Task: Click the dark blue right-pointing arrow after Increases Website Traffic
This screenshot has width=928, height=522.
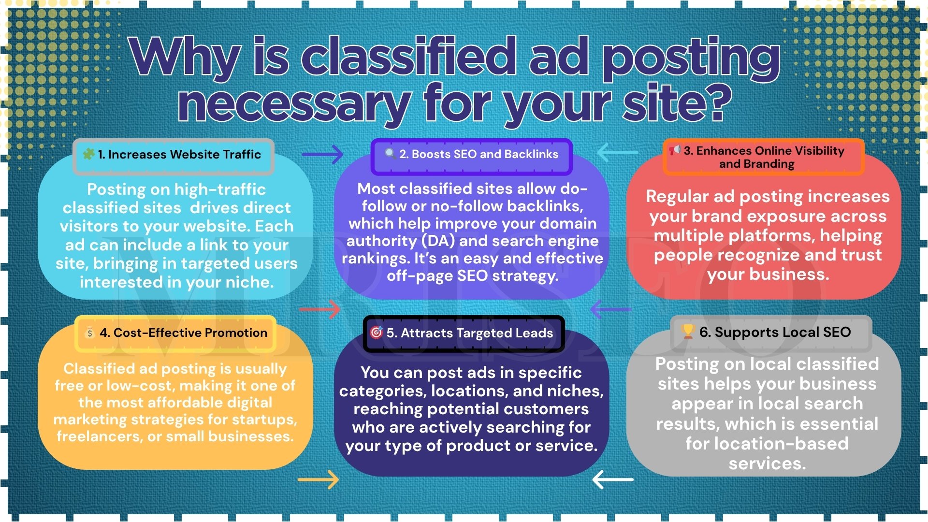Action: pos(322,155)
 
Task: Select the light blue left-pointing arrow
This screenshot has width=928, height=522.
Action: pos(617,152)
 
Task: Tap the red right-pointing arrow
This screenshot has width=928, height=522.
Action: pos(319,309)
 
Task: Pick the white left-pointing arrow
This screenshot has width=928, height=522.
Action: pos(612,479)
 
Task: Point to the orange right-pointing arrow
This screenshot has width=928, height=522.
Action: pos(318,480)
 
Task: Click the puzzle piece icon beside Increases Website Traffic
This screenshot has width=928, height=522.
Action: pos(88,154)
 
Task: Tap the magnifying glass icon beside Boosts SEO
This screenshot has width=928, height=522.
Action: pos(390,154)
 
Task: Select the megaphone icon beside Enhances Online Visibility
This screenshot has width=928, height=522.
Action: pos(675,150)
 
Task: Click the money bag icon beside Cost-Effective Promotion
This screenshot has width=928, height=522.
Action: pos(89,333)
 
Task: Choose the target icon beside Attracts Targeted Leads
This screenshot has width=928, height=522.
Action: pos(376,332)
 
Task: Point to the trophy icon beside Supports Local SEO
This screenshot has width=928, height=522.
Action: pos(687,332)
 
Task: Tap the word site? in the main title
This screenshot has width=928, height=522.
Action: pos(677,102)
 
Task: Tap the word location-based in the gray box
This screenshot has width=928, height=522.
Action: pos(767,443)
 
